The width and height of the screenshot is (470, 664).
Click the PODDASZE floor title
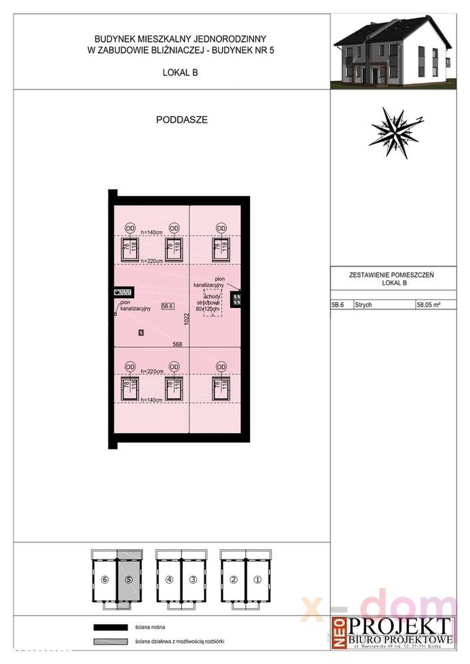tap(182, 120)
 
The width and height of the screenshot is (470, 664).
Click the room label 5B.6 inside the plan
tap(167, 306)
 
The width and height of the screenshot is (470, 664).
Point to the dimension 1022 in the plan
tap(187, 321)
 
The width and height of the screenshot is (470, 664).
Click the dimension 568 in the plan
tap(177, 343)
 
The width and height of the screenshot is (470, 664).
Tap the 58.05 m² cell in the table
tap(429, 306)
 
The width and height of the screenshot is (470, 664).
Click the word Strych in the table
tap(364, 306)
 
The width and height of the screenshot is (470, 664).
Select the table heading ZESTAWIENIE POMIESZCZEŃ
tap(395, 274)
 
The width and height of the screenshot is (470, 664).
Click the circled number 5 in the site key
tap(129, 578)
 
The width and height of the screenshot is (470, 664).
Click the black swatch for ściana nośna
tap(110, 627)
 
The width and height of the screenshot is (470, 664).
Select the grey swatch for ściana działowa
tap(110, 642)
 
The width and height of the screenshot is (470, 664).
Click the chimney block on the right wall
tap(236, 299)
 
